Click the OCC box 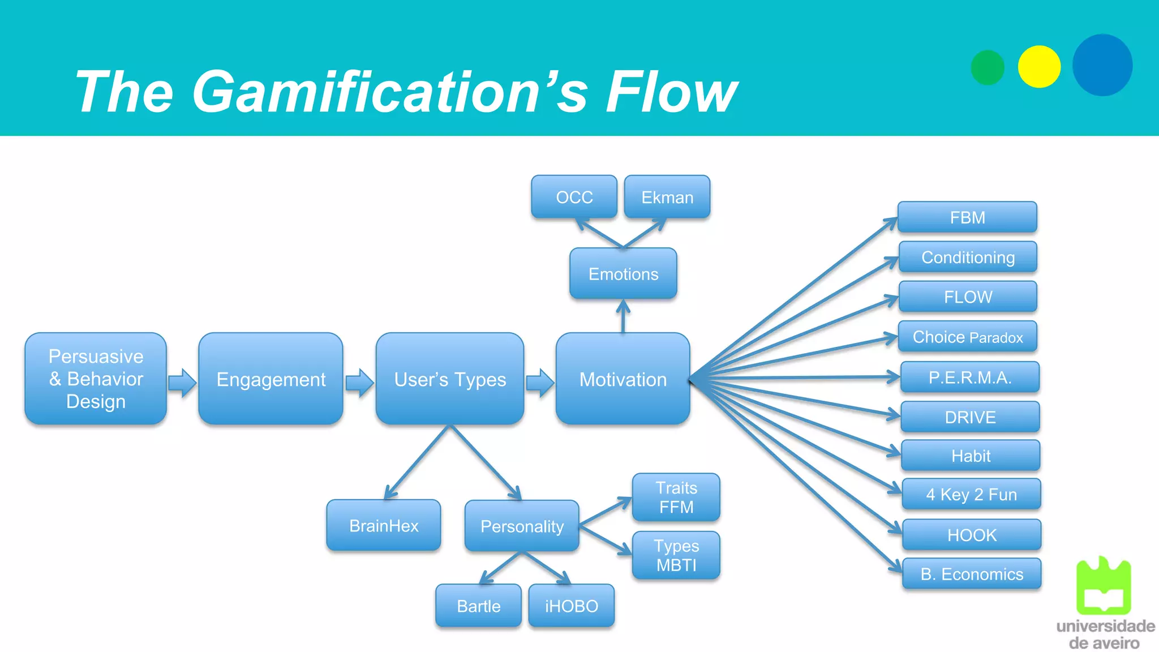coord(574,197)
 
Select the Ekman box coord(667,197)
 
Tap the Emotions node coord(623,274)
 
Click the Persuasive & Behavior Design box coord(96,379)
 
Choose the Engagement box coord(271,379)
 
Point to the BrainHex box coord(384,525)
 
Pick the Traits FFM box coord(676,497)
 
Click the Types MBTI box coord(676,555)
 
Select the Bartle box coord(478,606)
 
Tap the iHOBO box coord(571,606)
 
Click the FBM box coord(967,217)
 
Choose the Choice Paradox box coord(968,337)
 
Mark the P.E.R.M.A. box coord(969,377)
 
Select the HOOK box coord(972,534)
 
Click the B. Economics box coord(972,574)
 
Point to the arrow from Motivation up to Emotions coord(623,316)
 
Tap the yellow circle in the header coord(1039,67)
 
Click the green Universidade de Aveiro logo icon coord(1103,586)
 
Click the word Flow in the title coord(671,92)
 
